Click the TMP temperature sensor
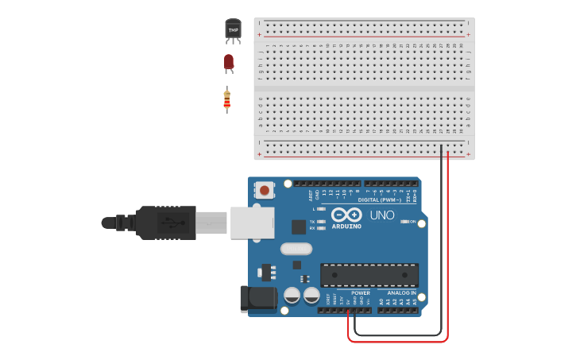[233, 30]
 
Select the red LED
[229, 62]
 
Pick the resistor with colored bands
[227, 99]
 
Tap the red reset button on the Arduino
[264, 189]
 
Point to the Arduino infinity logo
[346, 215]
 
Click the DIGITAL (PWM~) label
[379, 199]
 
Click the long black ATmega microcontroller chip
[369, 275]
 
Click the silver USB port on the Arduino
[252, 223]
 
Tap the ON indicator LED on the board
[405, 222]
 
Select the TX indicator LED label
[312, 221]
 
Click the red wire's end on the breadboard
[448, 154]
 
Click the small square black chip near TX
[299, 226]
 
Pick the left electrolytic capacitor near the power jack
[292, 296]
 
